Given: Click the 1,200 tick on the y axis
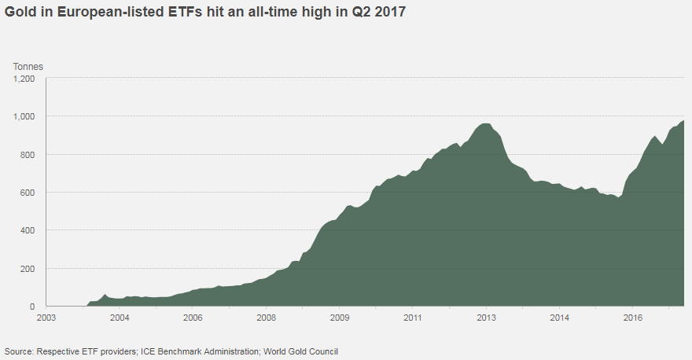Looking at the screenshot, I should click(24, 79).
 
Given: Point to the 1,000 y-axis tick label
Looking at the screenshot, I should click(24, 116).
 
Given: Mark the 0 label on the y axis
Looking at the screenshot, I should click(33, 307).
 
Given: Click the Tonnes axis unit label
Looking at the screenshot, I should click(28, 66).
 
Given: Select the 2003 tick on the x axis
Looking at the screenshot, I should click(46, 318).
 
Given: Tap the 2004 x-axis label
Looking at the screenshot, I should click(120, 318).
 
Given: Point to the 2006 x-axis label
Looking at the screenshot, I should click(193, 318).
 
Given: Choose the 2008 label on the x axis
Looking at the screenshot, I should click(267, 318).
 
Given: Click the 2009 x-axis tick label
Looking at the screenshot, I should click(340, 318).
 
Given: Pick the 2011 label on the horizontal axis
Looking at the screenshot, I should click(413, 318).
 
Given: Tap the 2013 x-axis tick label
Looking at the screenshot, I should click(486, 318).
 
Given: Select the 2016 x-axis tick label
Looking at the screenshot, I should click(633, 318).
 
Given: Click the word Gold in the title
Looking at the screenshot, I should click(20, 13).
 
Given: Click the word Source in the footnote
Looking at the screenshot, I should click(18, 351).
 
